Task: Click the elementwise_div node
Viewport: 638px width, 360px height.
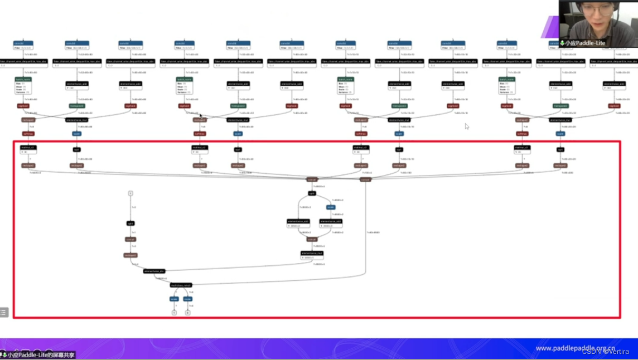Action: click(x=154, y=271)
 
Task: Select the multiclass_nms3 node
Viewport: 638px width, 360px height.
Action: click(x=181, y=285)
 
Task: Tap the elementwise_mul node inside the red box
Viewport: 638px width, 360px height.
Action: click(x=312, y=253)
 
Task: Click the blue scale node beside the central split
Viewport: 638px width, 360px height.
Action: click(x=331, y=207)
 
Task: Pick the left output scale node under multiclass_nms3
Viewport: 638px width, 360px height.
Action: click(x=174, y=299)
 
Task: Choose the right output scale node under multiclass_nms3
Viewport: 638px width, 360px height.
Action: click(x=187, y=299)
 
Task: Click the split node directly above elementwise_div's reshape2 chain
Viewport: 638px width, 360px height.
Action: click(x=130, y=223)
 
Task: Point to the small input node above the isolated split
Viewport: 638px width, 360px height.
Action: click(x=130, y=193)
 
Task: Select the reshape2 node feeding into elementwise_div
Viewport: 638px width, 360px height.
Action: click(x=130, y=255)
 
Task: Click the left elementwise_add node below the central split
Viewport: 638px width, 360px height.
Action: click(x=299, y=222)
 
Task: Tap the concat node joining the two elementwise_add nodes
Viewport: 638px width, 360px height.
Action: click(x=312, y=239)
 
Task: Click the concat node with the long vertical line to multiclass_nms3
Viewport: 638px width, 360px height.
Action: click(x=365, y=179)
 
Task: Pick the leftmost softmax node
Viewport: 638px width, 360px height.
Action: click(x=28, y=134)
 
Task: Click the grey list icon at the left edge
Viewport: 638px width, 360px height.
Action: click(x=3, y=312)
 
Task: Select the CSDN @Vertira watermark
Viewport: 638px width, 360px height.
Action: click(x=605, y=351)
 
